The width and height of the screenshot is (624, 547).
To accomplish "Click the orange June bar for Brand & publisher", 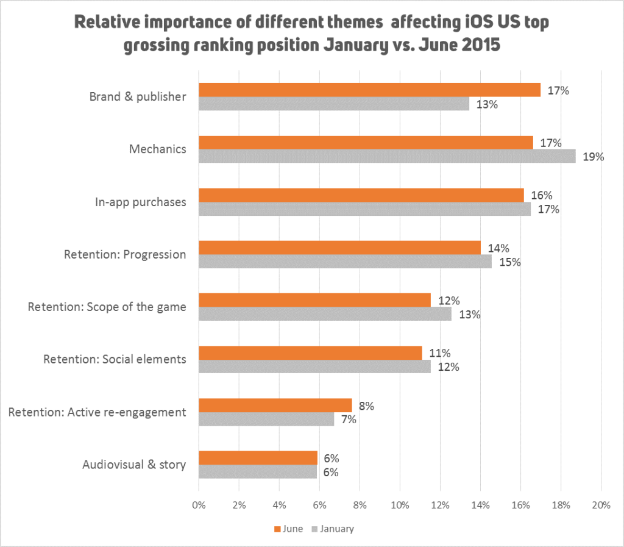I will [369, 90].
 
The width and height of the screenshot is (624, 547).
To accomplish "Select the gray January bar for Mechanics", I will [387, 156].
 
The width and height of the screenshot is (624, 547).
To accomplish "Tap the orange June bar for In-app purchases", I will [361, 195].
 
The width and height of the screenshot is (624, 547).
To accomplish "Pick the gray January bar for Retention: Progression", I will [345, 262].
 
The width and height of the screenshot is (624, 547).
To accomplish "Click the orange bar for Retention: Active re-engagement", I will [275, 406].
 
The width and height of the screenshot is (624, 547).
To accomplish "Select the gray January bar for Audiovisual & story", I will [257, 472].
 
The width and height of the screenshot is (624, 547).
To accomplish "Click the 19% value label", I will [593, 157].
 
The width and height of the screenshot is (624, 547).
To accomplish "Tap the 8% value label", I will [366, 406].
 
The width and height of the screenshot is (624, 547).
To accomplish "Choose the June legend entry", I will [289, 529].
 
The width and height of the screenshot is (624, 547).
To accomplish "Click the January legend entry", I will [332, 529].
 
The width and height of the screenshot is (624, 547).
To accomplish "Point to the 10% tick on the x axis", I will [400, 505].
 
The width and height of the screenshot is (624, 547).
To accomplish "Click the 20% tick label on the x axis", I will [601, 505].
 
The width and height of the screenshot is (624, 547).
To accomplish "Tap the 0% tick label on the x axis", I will [199, 505].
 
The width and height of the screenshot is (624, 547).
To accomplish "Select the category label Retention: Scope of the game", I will [107, 307].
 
